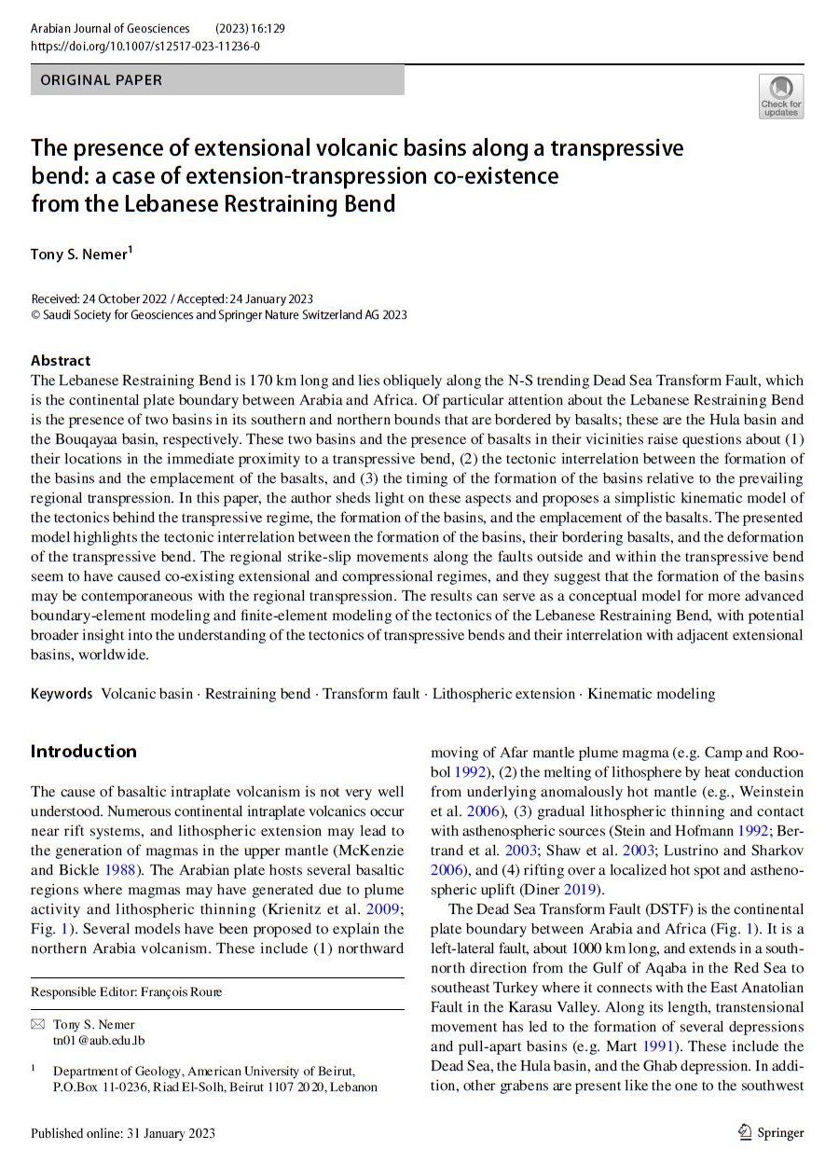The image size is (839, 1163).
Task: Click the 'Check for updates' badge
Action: [x=780, y=97]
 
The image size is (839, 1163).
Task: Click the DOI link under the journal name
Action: [x=145, y=46]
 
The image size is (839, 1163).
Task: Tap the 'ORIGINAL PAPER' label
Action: [x=102, y=80]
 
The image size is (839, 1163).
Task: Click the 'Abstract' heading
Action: [x=61, y=360]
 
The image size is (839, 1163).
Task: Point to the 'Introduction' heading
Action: [x=84, y=752]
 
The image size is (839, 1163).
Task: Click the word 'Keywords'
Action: [x=62, y=694]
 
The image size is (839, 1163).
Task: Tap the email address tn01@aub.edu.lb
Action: [x=99, y=1040]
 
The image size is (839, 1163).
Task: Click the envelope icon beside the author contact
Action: [x=37, y=1024]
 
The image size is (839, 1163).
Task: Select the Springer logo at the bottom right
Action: [x=770, y=1132]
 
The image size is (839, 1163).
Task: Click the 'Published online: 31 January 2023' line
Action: [x=123, y=1133]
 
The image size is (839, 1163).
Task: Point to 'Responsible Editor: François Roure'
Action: [x=127, y=991]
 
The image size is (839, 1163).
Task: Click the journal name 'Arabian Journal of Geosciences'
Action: [x=110, y=29]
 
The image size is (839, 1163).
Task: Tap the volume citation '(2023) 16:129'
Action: [x=250, y=29]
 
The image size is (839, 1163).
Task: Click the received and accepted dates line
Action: [x=172, y=298]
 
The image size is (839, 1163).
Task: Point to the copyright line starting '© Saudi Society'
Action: [x=219, y=315]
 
